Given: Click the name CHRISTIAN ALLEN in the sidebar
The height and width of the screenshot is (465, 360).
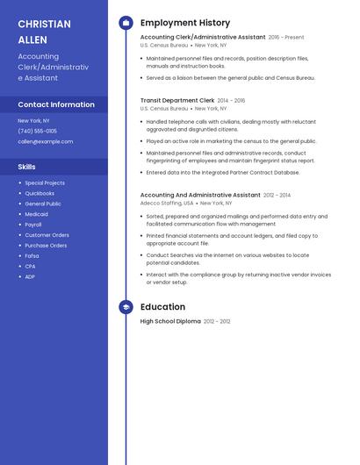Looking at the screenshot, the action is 44,31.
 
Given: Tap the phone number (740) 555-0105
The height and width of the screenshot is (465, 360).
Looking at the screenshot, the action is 38,131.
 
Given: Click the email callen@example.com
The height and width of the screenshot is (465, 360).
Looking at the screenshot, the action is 46,141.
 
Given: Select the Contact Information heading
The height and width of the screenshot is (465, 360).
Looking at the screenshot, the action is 56,104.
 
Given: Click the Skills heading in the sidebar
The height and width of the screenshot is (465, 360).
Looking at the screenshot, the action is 27,166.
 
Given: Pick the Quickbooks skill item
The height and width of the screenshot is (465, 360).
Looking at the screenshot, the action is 40,193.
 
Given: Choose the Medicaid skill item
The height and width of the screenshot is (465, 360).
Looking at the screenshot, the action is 37,214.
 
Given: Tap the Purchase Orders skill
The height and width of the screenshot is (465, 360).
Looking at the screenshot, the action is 46,246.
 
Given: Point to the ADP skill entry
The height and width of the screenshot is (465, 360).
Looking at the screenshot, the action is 30,277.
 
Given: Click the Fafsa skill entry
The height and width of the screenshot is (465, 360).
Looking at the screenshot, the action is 32,256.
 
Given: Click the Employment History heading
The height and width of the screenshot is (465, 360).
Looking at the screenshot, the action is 185,23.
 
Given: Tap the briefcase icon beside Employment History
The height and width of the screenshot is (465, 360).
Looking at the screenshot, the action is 126,23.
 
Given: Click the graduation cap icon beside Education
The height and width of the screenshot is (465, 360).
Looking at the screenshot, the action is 126,307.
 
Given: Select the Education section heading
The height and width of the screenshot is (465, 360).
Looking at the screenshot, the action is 162,307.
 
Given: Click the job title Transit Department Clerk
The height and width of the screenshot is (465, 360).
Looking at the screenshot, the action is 176,101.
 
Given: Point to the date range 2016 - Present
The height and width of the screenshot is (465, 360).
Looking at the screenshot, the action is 286,38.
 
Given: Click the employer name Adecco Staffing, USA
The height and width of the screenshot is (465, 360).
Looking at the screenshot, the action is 167,203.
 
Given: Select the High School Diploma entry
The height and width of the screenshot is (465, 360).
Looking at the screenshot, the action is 170,322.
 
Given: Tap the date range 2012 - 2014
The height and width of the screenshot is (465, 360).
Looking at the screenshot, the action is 277,196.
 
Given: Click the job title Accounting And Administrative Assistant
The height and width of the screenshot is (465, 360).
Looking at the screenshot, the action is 200,195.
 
